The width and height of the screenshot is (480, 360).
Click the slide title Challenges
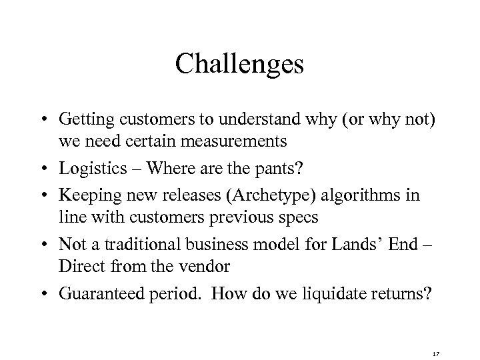point(240,65)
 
